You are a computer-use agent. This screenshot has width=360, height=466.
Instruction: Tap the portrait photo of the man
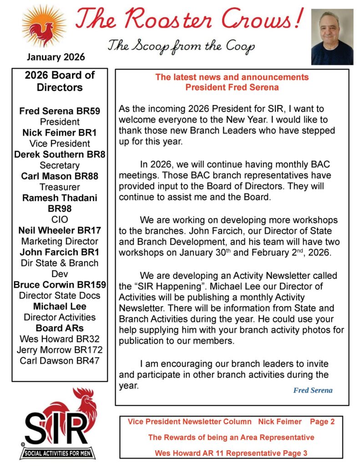point(332,37)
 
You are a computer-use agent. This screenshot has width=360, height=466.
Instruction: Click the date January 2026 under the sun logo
point(56,57)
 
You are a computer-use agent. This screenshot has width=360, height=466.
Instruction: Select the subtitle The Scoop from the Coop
point(181,46)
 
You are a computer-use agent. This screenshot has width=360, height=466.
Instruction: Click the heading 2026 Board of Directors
point(60,81)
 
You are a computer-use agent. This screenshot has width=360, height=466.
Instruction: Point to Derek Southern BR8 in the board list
point(60,154)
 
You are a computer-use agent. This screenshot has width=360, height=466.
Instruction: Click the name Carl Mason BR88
point(60,176)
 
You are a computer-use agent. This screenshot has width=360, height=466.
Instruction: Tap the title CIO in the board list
point(60,219)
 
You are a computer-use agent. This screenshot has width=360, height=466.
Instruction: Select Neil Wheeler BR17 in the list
point(60,230)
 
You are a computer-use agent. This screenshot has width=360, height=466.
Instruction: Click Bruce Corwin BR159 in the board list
point(60,285)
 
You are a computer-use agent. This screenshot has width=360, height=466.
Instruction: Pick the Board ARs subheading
point(60,328)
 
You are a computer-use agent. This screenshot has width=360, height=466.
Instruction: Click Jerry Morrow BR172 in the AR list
point(60,350)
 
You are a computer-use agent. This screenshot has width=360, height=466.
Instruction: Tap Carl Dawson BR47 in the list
point(60,361)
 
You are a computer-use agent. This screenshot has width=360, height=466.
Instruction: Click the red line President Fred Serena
point(232,87)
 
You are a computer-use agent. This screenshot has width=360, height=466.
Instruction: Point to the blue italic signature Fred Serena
point(313,390)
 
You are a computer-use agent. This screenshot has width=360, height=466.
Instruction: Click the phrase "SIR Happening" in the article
point(168,286)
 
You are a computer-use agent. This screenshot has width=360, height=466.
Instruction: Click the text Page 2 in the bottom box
point(322,422)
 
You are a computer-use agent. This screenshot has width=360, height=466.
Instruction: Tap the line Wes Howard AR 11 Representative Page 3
point(231,453)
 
